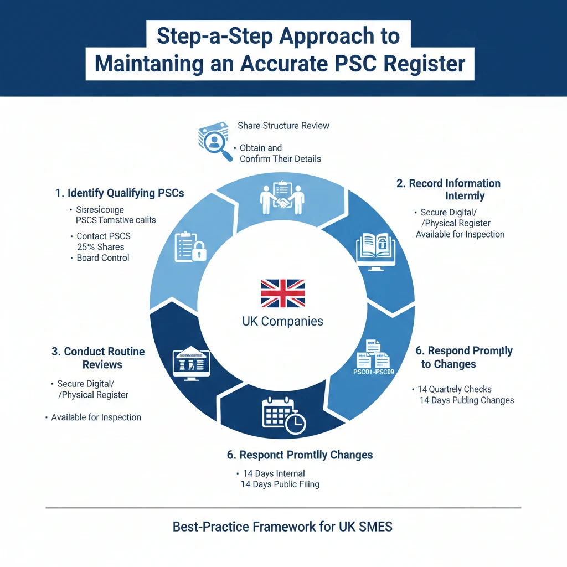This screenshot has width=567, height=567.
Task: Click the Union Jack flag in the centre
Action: pyautogui.click(x=283, y=293)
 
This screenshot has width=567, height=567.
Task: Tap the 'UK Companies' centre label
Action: pyautogui.click(x=283, y=321)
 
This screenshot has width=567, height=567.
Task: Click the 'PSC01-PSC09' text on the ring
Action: pyautogui.click(x=373, y=372)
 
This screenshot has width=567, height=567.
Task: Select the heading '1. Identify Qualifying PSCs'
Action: pyautogui.click(x=120, y=193)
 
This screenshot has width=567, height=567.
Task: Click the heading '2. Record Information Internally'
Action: pyautogui.click(x=449, y=189)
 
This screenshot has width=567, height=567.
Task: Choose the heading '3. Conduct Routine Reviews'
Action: pyautogui.click(x=98, y=358)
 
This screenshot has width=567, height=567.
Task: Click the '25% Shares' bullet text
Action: pyautogui.click(x=100, y=247)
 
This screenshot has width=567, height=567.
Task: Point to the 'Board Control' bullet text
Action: pyautogui.click(x=103, y=258)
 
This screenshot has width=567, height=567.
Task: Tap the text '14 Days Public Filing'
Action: pyautogui.click(x=280, y=484)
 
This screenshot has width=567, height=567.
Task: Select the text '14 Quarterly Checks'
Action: pyautogui.click(x=455, y=389)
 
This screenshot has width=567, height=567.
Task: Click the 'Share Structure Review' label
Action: pyautogui.click(x=283, y=126)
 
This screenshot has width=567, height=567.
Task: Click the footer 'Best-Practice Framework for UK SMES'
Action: pyautogui.click(x=283, y=527)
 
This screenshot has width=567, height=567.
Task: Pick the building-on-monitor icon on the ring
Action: pyautogui.click(x=191, y=363)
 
